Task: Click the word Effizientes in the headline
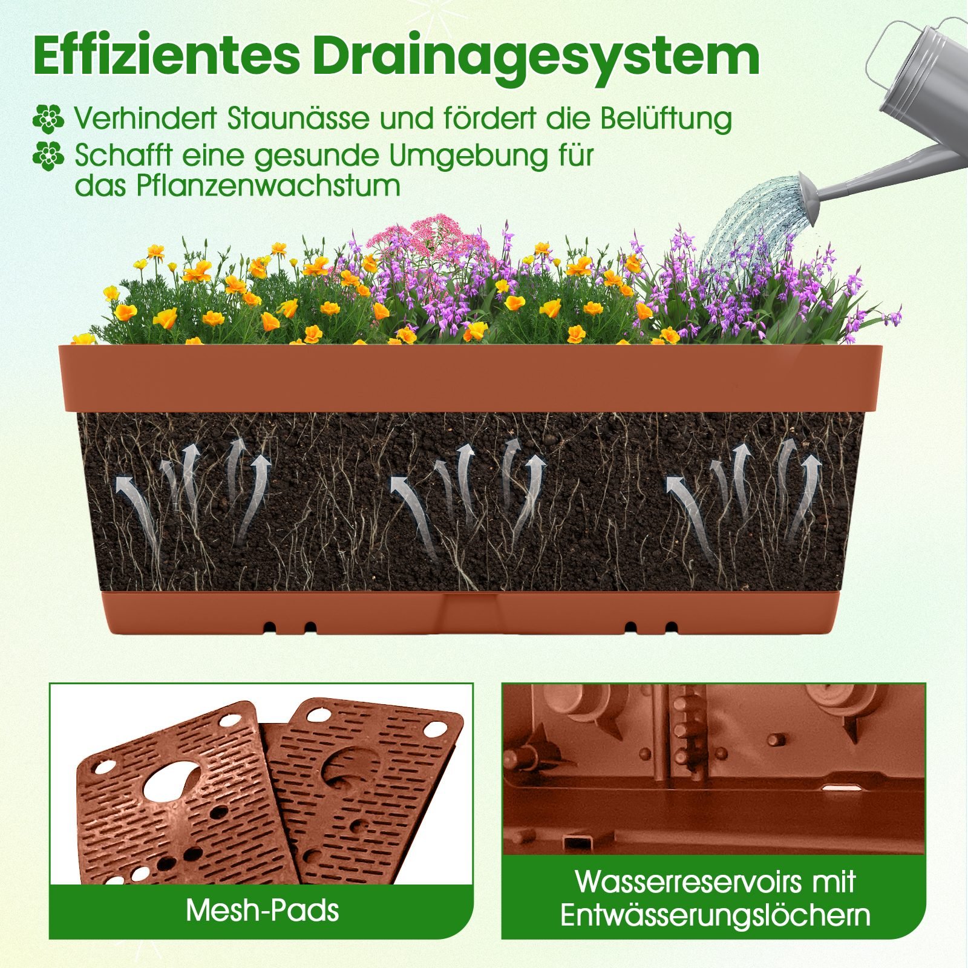[166, 56]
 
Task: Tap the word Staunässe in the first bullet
[298, 118]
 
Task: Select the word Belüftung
[665, 119]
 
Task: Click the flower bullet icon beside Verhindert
[48, 119]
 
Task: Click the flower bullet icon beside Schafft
[48, 156]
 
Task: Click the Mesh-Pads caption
[262, 910]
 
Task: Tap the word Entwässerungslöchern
[715, 915]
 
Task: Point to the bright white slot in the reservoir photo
[842, 788]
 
